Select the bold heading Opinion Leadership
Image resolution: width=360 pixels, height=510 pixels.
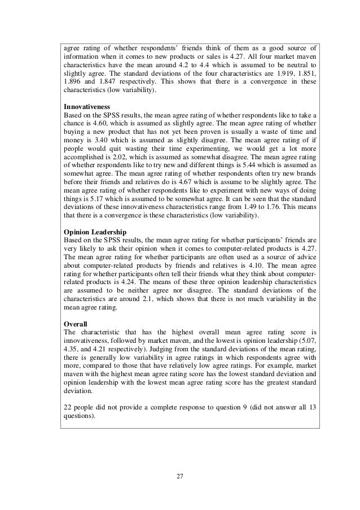point(95,232)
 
